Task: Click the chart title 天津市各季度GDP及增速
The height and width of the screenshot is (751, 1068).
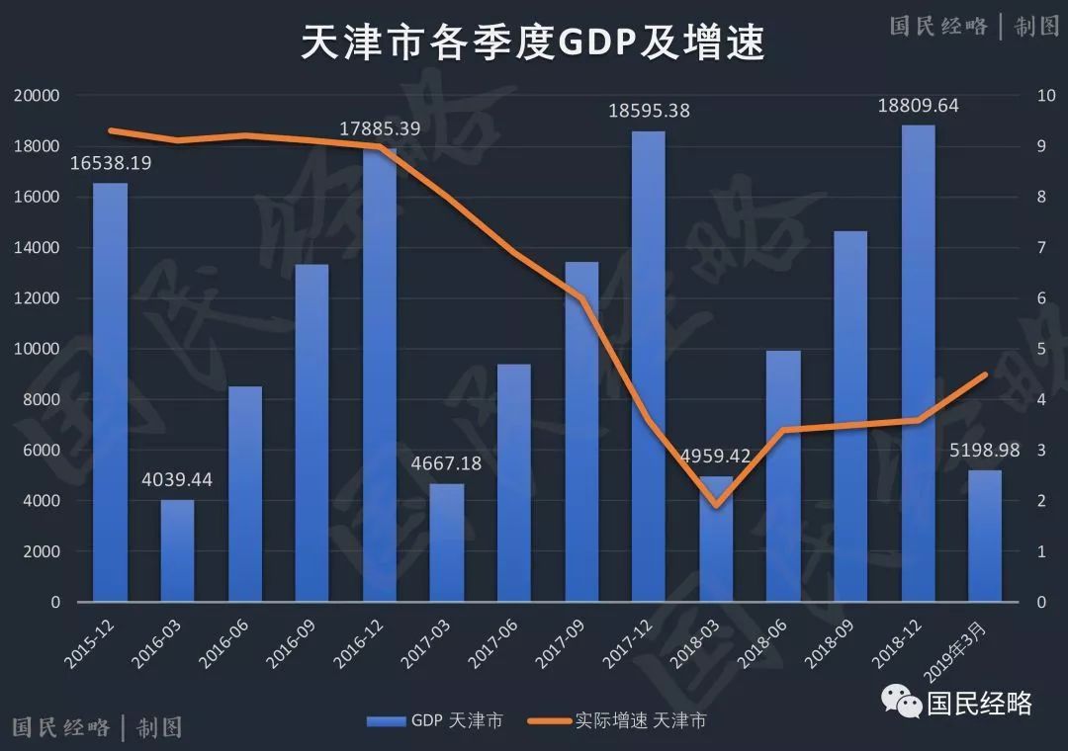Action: [533, 43]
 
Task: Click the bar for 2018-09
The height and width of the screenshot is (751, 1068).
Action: [850, 416]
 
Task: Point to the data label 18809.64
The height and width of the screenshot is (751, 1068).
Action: [919, 106]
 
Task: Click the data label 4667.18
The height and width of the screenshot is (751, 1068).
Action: [447, 462]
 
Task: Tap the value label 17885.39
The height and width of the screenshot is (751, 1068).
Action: [380, 128]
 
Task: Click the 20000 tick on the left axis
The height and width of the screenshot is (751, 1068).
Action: [37, 96]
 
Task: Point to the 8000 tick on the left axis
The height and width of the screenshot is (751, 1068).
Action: [41, 400]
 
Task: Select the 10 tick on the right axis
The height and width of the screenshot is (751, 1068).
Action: [1043, 96]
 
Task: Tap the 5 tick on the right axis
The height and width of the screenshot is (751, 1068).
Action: [1039, 349]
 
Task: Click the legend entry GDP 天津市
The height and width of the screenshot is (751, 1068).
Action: [434, 720]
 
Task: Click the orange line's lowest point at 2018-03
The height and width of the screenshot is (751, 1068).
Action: [717, 505]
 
